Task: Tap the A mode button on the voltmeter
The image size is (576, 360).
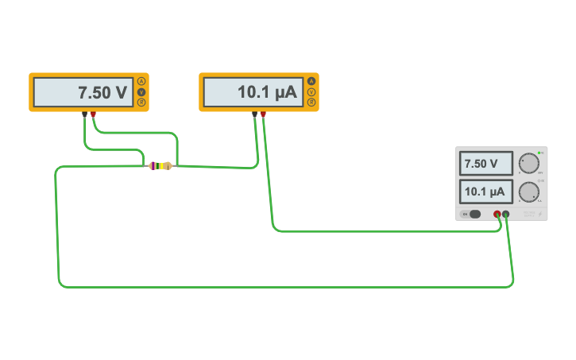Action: coord(141,81)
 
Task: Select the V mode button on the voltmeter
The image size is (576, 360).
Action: coord(141,92)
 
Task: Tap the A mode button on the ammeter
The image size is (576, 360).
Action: coord(311,81)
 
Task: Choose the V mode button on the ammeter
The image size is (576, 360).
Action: coord(311,92)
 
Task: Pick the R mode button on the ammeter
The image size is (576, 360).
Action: coord(311,103)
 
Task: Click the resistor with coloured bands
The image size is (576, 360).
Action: coord(160,165)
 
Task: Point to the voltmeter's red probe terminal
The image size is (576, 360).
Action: coord(93,114)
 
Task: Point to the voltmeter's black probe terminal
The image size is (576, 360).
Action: coord(84,114)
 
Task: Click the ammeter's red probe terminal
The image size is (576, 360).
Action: coord(263,114)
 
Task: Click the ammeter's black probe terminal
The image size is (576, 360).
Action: coord(254,114)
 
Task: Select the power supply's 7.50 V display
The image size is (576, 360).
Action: coord(485,165)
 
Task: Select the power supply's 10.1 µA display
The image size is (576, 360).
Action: coord(485,192)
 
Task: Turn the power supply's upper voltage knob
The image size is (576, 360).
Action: coord(528,164)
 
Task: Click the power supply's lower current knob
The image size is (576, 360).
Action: coord(528,192)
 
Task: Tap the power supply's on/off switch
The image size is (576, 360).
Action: coord(472,214)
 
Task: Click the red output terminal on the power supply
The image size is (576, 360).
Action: coord(497,214)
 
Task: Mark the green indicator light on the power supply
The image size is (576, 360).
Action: coord(539,152)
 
